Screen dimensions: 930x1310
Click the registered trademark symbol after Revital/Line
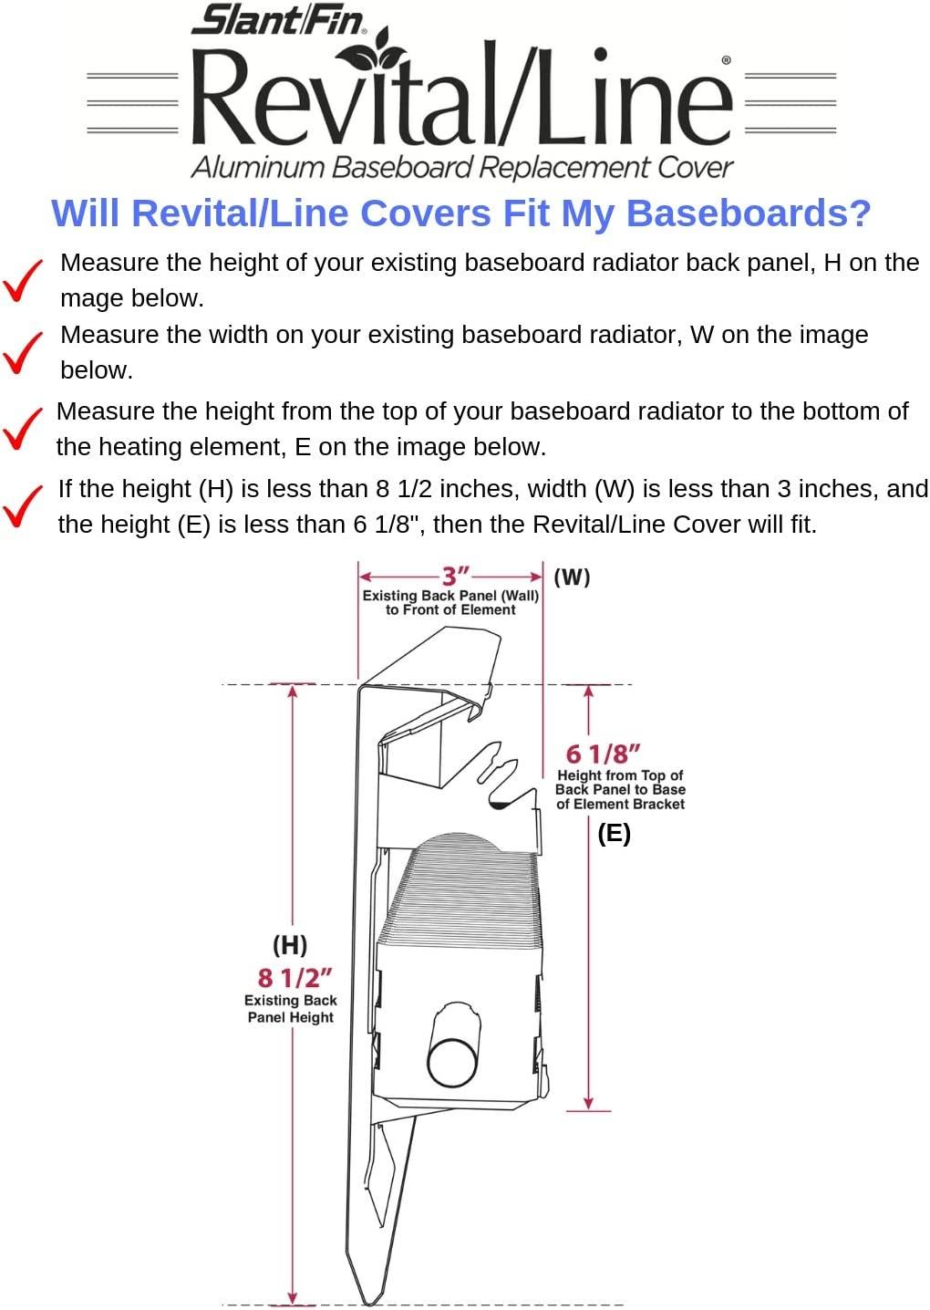tap(726, 59)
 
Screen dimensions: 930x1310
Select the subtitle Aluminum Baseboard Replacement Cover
tap(461, 167)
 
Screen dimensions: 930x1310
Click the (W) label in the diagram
tap(572, 577)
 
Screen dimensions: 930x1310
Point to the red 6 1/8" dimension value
tap(603, 754)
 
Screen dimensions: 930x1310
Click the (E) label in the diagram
tap(614, 834)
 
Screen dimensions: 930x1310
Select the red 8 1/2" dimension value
tap(295, 977)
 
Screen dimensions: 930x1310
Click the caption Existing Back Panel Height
tap(291, 1009)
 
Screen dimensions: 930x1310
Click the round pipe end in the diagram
tap(453, 1063)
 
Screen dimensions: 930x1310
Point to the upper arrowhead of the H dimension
tap(293, 691)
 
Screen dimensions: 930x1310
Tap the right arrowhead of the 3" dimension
tap(536, 577)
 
